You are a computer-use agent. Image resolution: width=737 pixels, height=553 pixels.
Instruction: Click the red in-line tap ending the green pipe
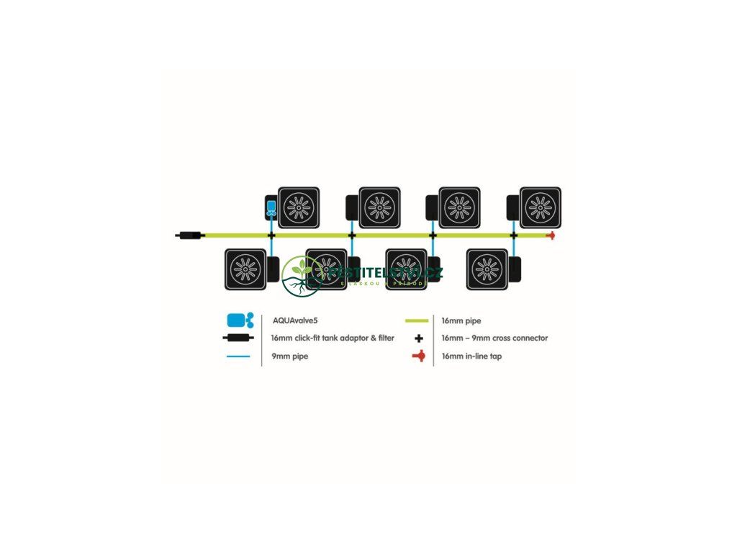coord(551,235)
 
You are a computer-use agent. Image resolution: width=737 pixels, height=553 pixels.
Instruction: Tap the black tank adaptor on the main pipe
coord(191,235)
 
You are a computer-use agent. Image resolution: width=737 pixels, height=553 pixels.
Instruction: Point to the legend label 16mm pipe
coord(462,320)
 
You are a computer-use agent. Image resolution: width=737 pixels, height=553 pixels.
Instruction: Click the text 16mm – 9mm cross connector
coord(494,338)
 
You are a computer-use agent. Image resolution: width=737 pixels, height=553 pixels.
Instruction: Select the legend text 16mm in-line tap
coord(471,356)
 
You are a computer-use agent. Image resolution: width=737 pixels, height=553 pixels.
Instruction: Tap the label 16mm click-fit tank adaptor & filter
coord(333,338)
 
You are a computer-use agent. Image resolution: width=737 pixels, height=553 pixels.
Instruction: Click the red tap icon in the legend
coord(417,356)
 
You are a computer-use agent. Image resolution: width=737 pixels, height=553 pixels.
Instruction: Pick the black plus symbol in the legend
coord(418,338)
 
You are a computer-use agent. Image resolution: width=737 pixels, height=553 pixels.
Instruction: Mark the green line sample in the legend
coord(417,320)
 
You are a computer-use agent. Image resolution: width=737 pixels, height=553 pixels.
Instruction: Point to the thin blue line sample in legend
coord(238,356)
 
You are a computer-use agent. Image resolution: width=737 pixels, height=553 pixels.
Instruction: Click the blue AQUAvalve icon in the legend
coord(240,320)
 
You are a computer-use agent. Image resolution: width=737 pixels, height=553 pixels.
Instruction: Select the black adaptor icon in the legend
coord(240,338)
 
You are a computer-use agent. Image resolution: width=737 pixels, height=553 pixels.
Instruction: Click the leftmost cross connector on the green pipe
coord(271,235)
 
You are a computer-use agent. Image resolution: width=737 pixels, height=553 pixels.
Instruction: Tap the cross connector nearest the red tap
coord(514,235)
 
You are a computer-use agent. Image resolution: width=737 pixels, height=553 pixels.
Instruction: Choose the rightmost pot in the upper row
coord(540,208)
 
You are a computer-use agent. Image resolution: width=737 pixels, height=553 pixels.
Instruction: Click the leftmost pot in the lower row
coord(245,269)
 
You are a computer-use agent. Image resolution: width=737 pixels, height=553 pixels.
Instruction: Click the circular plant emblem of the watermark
coord(302,276)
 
